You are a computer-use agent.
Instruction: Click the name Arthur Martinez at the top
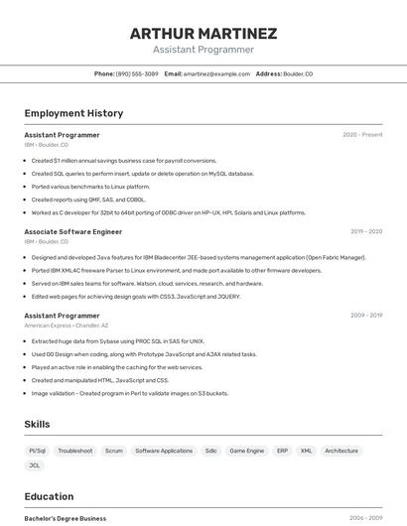pos(203,33)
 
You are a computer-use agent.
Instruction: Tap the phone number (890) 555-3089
pos(137,73)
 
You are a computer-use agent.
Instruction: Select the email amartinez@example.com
pos(216,73)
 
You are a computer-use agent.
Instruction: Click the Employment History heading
pos(73,113)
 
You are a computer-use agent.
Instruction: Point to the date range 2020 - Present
pos(362,135)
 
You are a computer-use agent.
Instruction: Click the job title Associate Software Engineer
pos(72,231)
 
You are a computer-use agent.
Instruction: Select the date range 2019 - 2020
pos(366,231)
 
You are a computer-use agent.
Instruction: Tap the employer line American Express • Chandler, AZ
pos(66,325)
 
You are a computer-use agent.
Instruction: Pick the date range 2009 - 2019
pos(366,316)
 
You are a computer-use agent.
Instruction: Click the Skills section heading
pos(38,424)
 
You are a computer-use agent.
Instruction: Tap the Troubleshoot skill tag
pos(74,451)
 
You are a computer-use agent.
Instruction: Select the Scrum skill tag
pos(114,451)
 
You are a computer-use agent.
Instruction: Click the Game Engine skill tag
pos(246,451)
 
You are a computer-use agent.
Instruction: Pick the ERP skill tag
pos(282,451)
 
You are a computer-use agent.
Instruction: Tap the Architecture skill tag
pos(341,451)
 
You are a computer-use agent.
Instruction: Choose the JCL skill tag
pos(35,464)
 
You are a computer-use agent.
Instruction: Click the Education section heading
pos(49,496)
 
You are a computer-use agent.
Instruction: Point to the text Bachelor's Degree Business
pos(65,518)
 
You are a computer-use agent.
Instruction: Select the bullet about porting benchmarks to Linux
pos(90,187)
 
